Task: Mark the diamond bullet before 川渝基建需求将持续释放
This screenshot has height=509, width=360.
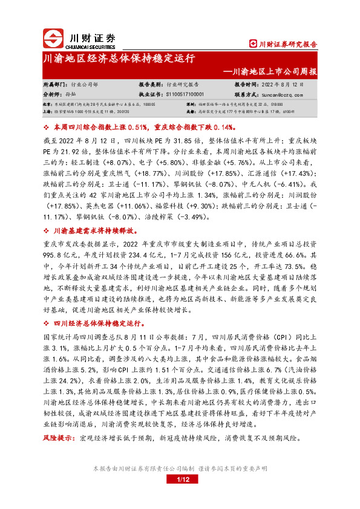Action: [x=47, y=230]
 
